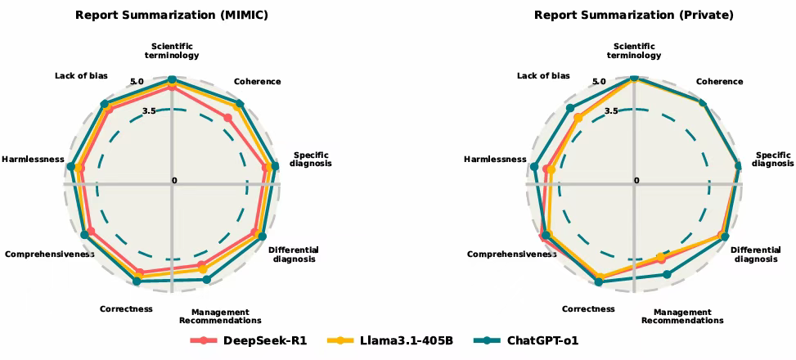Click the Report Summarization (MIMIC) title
[172, 16]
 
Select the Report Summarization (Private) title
[633, 16]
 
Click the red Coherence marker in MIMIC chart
[228, 118]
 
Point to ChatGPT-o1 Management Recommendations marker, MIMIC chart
[206, 279]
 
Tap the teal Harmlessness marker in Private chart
[534, 167]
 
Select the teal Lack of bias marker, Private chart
[570, 108]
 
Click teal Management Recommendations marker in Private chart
[667, 274]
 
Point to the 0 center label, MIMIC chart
[174, 181]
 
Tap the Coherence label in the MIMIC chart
[258, 81]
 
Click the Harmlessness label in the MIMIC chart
[33, 160]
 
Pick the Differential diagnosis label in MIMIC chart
[294, 254]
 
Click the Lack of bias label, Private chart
[543, 75]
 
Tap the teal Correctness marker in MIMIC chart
[136, 281]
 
